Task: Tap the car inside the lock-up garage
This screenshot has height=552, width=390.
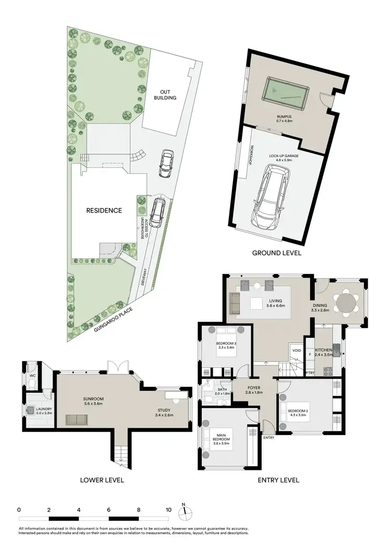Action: click(270, 197)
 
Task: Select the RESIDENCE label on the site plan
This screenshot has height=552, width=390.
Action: click(105, 211)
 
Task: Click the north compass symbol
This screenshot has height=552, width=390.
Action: click(184, 512)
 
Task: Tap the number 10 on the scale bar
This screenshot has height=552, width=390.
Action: click(168, 510)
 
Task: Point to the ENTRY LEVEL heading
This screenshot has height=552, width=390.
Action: click(279, 480)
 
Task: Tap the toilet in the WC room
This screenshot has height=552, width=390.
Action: click(32, 385)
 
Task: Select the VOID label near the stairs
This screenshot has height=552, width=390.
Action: click(296, 350)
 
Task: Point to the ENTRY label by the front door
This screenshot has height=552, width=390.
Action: click(268, 438)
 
